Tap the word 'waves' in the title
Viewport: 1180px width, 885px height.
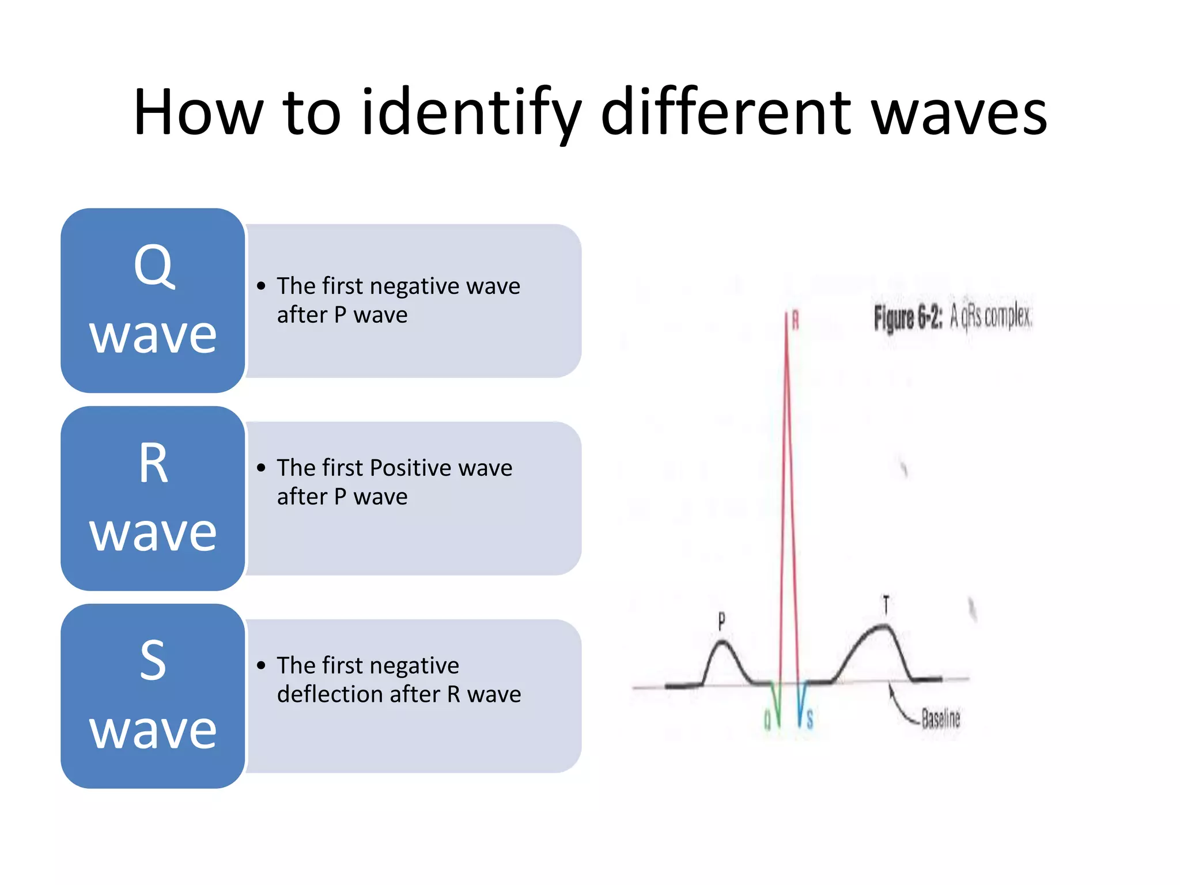[959, 112]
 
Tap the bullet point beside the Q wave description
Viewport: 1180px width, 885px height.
[262, 286]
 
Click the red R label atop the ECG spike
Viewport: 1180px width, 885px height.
[795, 320]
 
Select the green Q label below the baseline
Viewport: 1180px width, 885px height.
[767, 720]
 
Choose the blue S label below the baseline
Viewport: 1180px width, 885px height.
[810, 720]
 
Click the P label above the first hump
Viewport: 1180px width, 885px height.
[721, 621]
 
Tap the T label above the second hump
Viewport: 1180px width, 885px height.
[886, 605]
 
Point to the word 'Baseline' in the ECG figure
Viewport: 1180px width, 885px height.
[940, 718]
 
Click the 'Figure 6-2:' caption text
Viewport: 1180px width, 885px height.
[907, 317]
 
